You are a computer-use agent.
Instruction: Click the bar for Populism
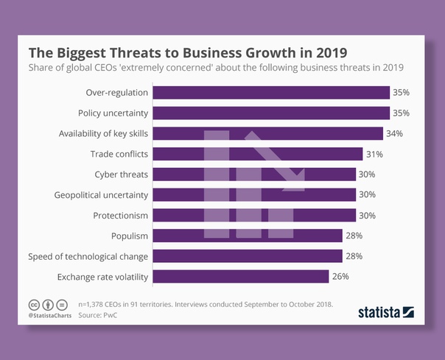click(248, 236)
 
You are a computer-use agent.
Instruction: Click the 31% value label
click(374, 154)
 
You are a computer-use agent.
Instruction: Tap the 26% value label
click(340, 276)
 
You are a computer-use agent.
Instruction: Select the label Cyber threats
click(122, 174)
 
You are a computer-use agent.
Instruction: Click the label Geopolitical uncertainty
click(102, 195)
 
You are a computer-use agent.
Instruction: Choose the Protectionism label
click(121, 215)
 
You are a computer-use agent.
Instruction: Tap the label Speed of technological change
click(88, 256)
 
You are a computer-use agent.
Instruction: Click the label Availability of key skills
click(104, 134)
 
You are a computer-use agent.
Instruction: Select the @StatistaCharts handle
click(50, 316)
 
